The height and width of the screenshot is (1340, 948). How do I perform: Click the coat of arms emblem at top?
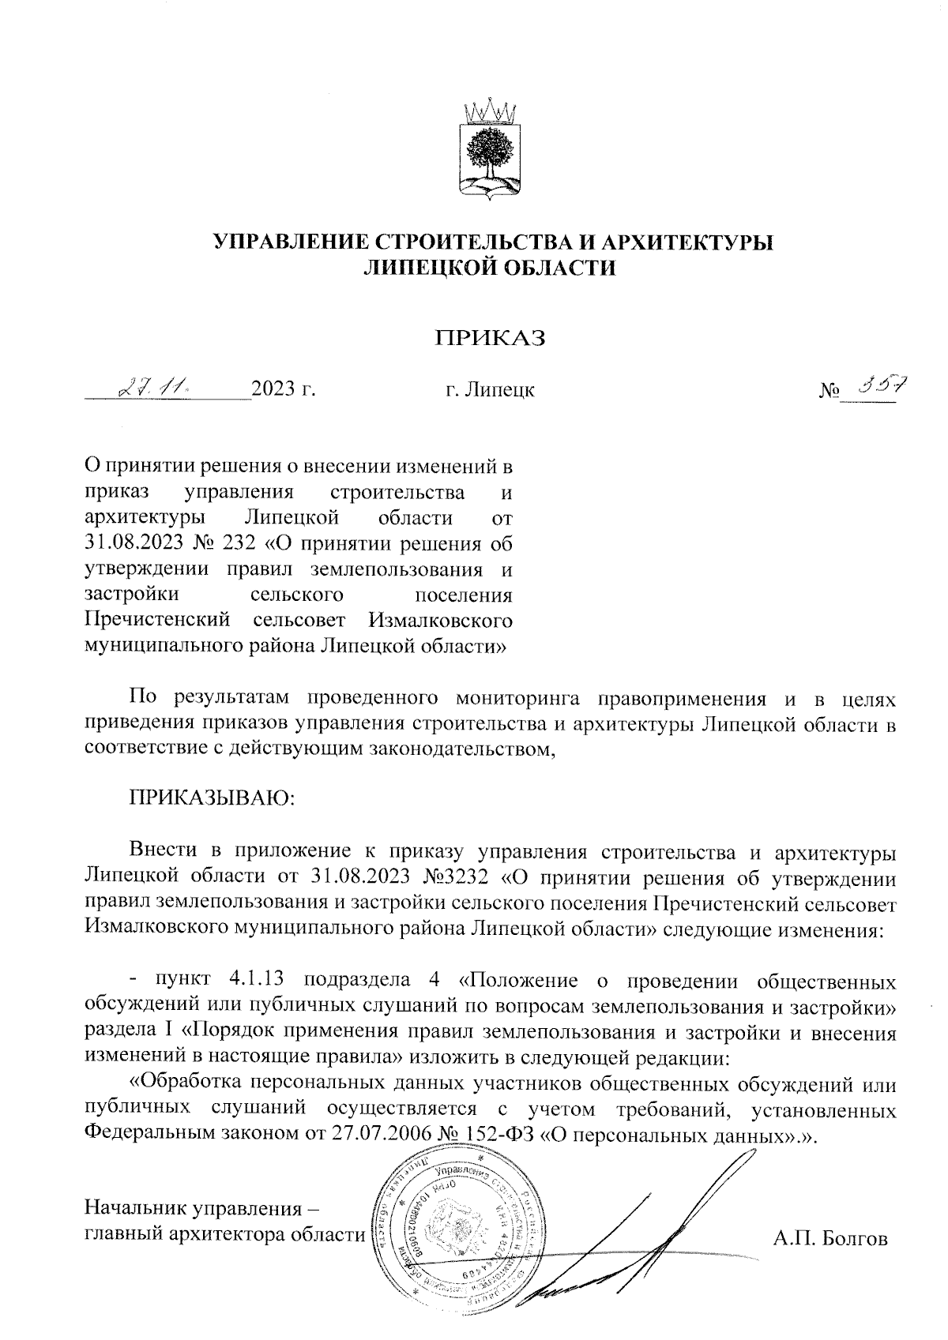488,148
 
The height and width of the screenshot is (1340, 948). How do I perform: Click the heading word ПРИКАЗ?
492,338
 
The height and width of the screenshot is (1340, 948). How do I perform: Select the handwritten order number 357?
877,385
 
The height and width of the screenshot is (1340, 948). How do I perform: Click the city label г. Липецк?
489,389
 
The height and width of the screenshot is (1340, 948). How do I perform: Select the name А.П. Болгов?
830,1239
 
